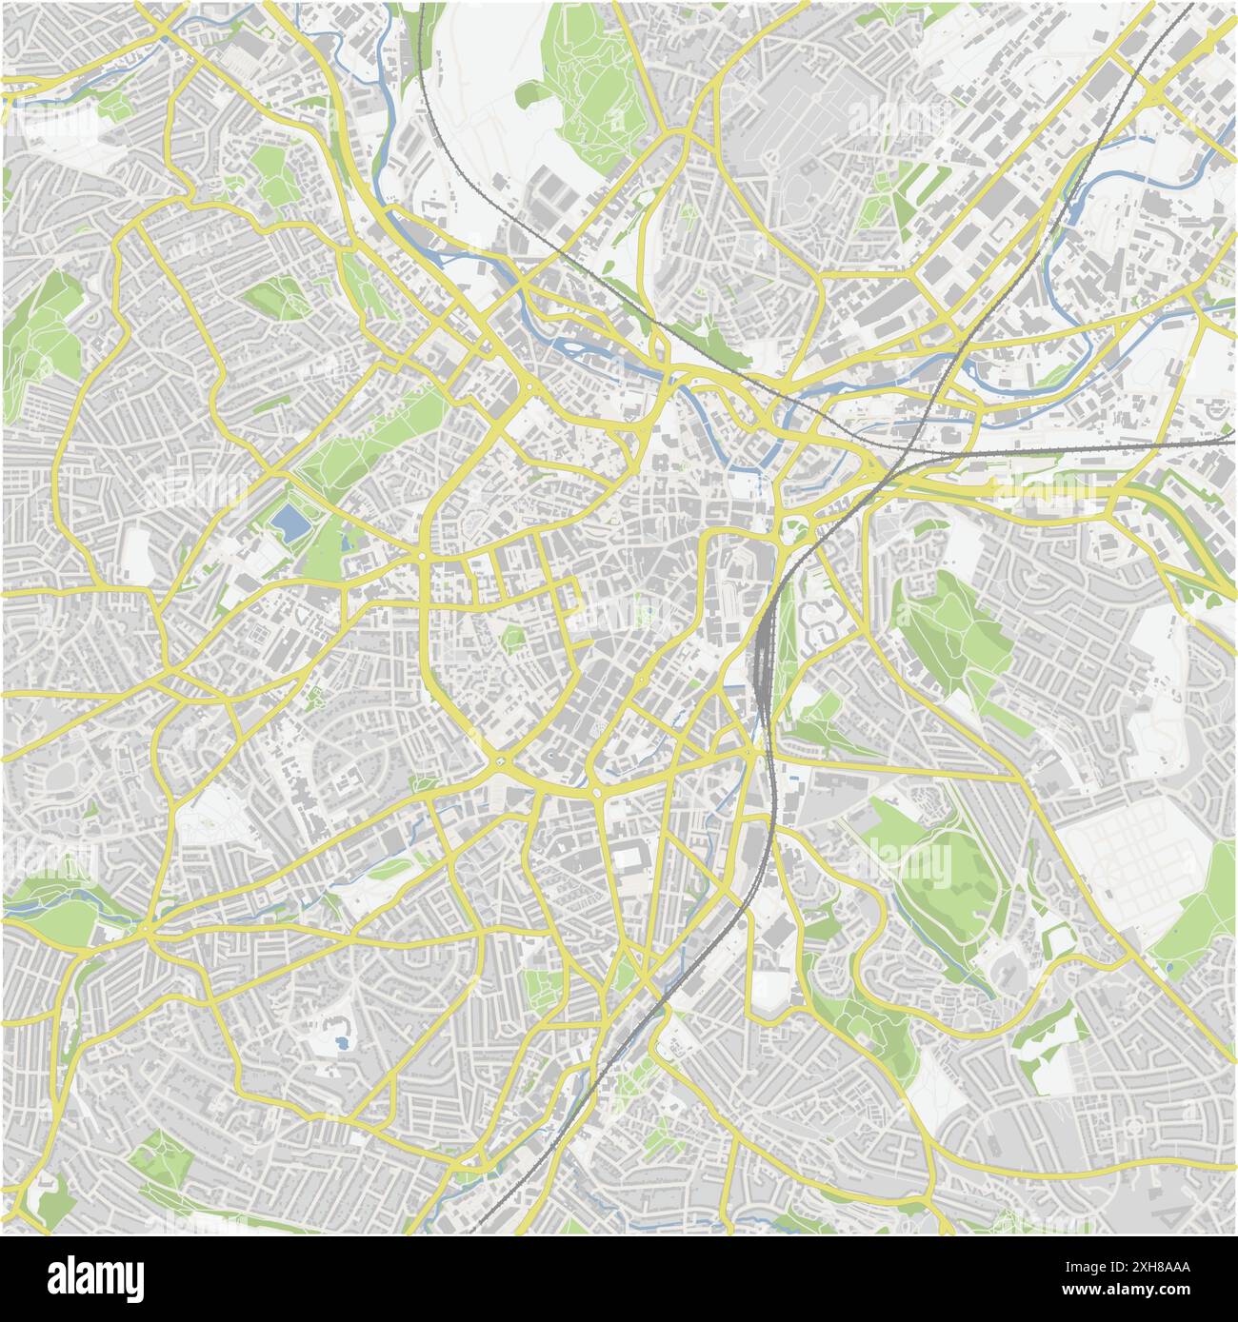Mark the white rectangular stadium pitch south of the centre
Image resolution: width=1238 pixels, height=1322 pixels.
click(x=627, y=858)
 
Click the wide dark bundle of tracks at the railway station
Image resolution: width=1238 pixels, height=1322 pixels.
click(x=763, y=657)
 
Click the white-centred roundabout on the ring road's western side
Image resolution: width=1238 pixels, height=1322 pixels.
click(x=422, y=555)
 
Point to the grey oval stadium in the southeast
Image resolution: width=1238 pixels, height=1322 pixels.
click(x=1005, y=971)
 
